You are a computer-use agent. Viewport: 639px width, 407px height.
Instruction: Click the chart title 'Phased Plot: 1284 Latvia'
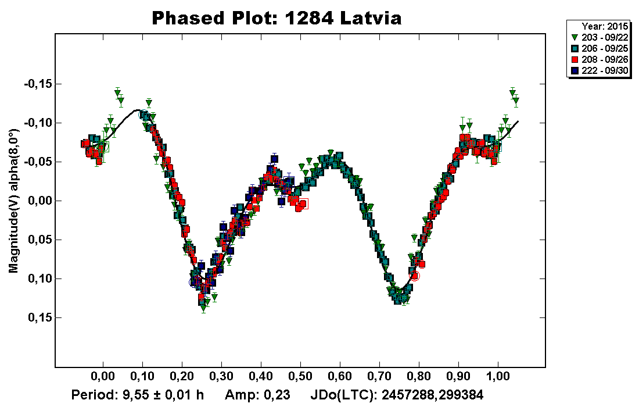(x=277, y=18)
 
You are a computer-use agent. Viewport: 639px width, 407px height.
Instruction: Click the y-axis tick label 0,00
(x=39, y=201)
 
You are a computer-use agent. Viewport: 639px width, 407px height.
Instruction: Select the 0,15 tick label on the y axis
(x=39, y=317)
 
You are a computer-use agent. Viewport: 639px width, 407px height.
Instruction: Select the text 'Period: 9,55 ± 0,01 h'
(x=138, y=395)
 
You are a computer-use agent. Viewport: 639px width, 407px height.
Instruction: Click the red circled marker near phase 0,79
(x=415, y=276)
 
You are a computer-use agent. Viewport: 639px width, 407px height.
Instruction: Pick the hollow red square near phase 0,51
(x=304, y=203)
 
